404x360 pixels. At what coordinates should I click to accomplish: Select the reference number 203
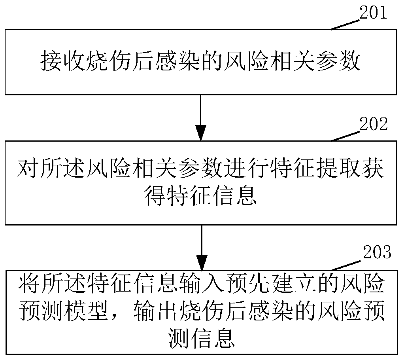pyautogui.click(x=376, y=252)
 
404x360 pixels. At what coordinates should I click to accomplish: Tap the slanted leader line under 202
pyautogui.click(x=345, y=135)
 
